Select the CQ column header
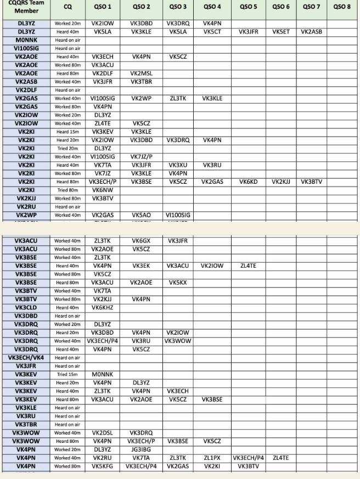pos(68,7)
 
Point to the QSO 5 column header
pos(248,7)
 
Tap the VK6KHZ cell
pos(102,308)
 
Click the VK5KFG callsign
pos(102,466)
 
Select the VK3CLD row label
pos(26,308)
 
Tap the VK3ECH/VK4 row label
pos(26,358)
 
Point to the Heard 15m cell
pos(68,132)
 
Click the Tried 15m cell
pos(68,375)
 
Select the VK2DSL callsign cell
pos(102,433)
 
